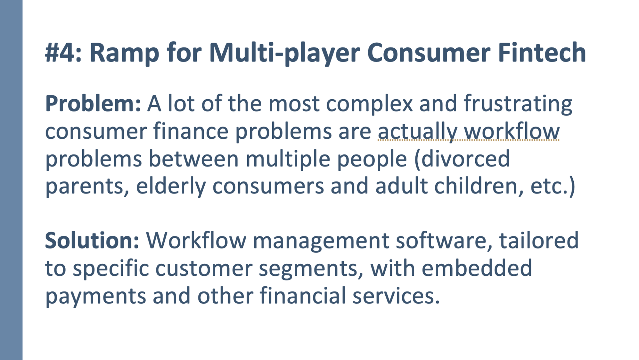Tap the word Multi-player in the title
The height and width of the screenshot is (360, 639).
285,53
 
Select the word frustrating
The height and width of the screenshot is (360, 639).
518,105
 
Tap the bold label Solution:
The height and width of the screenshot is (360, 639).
92,240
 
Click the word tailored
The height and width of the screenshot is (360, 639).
539,240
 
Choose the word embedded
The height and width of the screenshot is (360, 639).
477,268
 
